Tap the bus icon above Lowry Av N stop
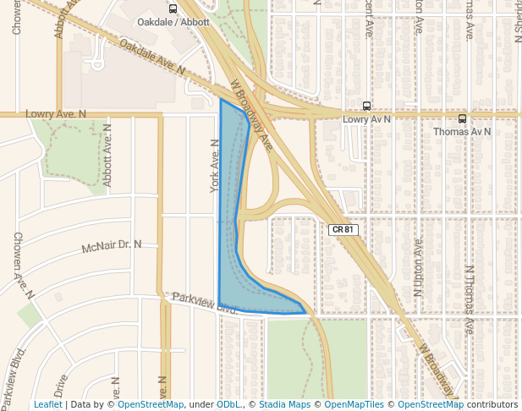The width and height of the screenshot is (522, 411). coord(366,107)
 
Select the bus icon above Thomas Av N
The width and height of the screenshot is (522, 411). coord(462,119)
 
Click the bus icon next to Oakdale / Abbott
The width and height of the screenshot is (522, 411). coord(173,9)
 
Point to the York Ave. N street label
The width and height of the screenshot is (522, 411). coord(215,165)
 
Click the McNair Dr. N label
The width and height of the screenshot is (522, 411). coord(111,246)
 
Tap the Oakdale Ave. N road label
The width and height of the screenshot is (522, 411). coord(152,58)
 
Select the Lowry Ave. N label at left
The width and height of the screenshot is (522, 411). coord(56,113)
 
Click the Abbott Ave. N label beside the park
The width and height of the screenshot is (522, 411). coord(107,156)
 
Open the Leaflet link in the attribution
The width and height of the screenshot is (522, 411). coord(48,404)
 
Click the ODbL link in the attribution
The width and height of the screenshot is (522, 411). coord(228,404)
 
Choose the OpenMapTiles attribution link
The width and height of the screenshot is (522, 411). coord(354,404)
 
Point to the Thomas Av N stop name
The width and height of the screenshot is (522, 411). coord(462,132)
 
